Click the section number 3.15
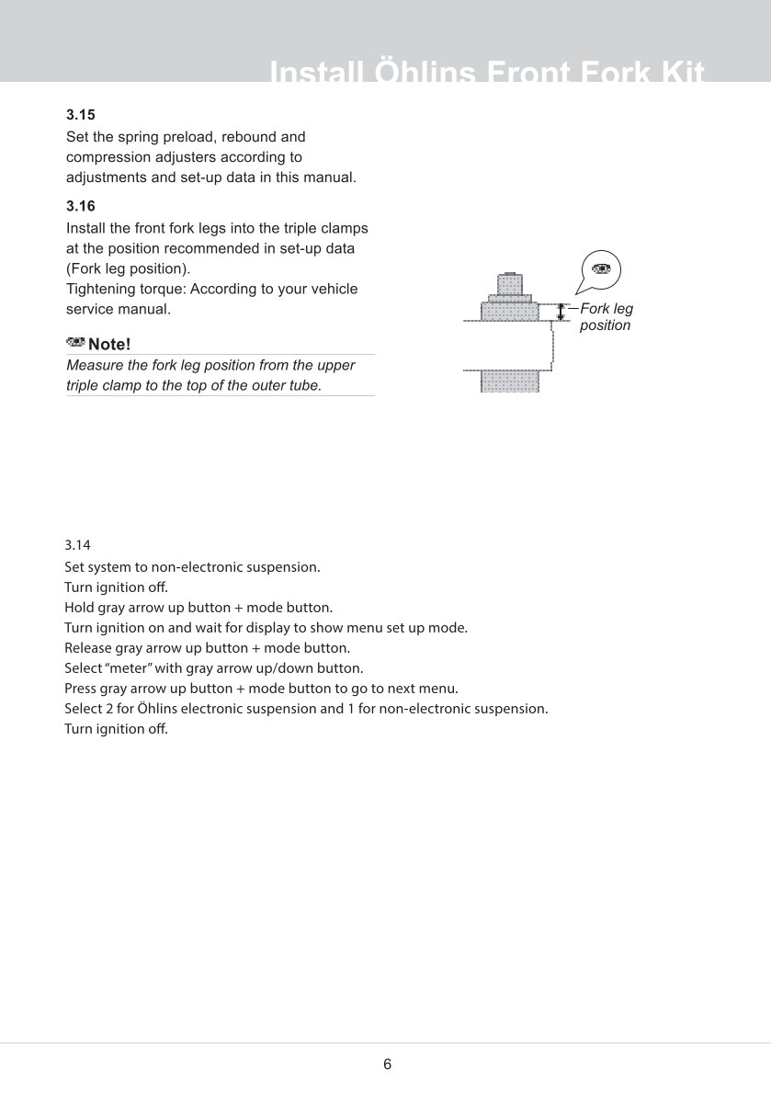tap(81, 116)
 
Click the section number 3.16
tap(81, 207)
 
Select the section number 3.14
tap(77, 545)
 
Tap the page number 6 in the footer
tap(387, 1065)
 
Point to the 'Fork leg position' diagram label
tap(606, 317)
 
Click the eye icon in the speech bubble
tap(601, 268)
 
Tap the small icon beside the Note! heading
tap(75, 343)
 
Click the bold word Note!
tap(109, 344)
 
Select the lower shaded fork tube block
tap(509, 381)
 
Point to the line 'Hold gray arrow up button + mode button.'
tap(198, 608)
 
